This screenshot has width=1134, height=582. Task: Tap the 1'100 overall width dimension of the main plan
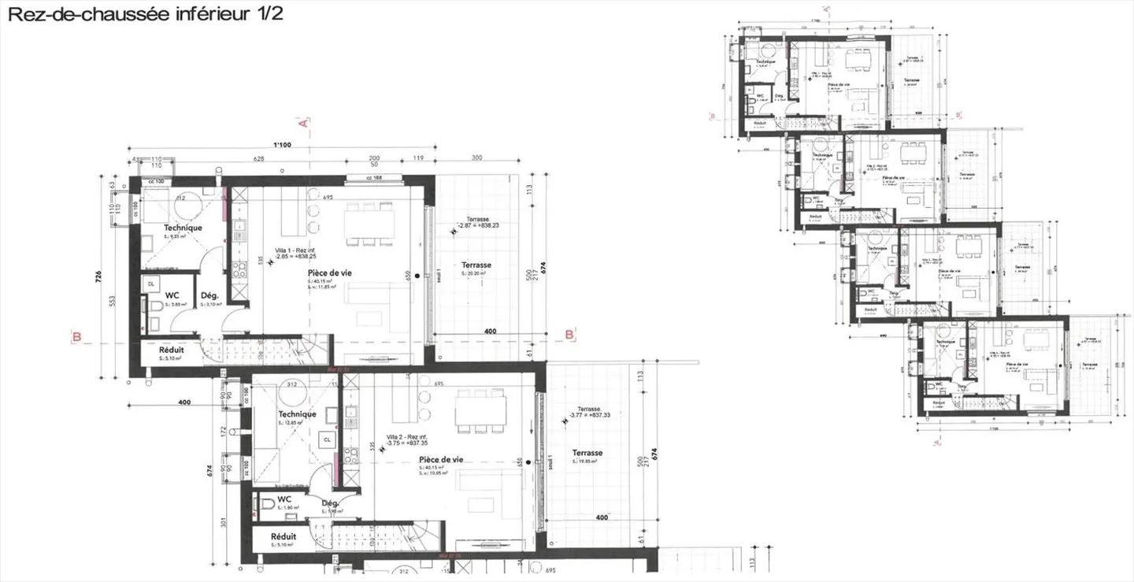click(x=282, y=145)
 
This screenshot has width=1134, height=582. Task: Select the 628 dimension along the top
click(x=258, y=159)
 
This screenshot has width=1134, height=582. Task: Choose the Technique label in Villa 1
click(x=183, y=228)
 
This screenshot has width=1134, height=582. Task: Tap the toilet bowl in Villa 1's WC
click(x=154, y=306)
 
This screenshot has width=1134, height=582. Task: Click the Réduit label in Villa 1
click(x=172, y=350)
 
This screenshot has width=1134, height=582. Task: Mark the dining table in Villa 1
click(x=370, y=224)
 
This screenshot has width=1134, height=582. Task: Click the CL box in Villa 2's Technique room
click(x=325, y=439)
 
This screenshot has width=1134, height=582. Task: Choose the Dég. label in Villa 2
click(x=330, y=503)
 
